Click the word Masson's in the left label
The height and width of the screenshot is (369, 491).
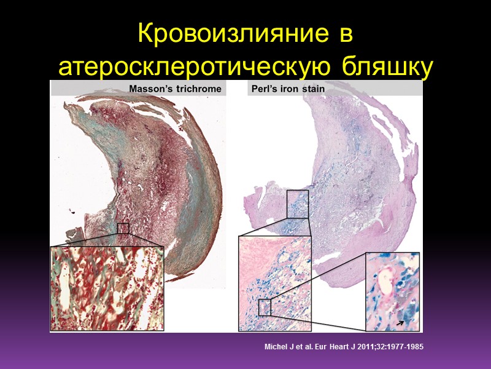tap(150, 89)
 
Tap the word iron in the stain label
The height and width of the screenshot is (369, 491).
tap(290, 89)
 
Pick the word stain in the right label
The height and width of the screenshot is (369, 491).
tap(314, 89)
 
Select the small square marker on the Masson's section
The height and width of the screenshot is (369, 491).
tap(123, 228)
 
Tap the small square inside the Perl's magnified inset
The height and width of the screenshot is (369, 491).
tap(265, 307)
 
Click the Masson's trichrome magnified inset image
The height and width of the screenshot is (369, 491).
tap(107, 288)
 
